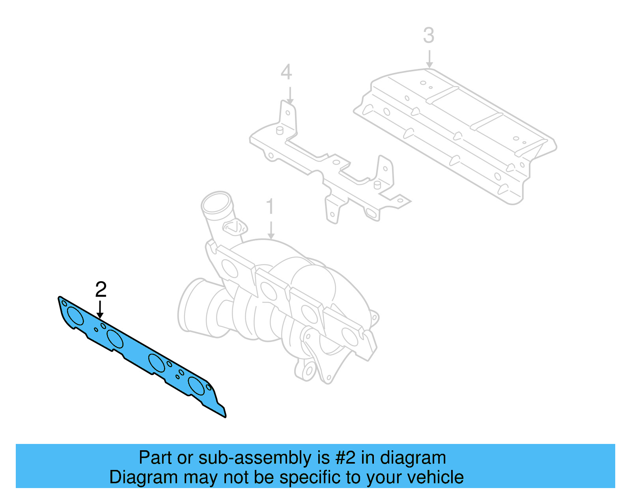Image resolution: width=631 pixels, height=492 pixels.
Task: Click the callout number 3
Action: pyautogui.click(x=429, y=35)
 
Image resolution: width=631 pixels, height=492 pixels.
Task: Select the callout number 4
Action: pyautogui.click(x=286, y=72)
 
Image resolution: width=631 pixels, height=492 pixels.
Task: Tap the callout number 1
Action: pyautogui.click(x=270, y=207)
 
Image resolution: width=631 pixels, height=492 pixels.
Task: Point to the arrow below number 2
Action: pyautogui.click(x=100, y=310)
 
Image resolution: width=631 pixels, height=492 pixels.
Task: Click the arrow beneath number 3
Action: pyautogui.click(x=429, y=59)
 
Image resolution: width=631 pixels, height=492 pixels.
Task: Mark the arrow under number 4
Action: pyautogui.click(x=290, y=96)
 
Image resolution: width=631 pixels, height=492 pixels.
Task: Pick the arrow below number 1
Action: pyautogui.click(x=271, y=230)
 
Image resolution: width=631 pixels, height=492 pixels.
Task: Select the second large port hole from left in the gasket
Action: pyautogui.click(x=115, y=339)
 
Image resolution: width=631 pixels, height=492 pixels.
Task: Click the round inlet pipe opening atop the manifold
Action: pyautogui.click(x=216, y=202)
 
